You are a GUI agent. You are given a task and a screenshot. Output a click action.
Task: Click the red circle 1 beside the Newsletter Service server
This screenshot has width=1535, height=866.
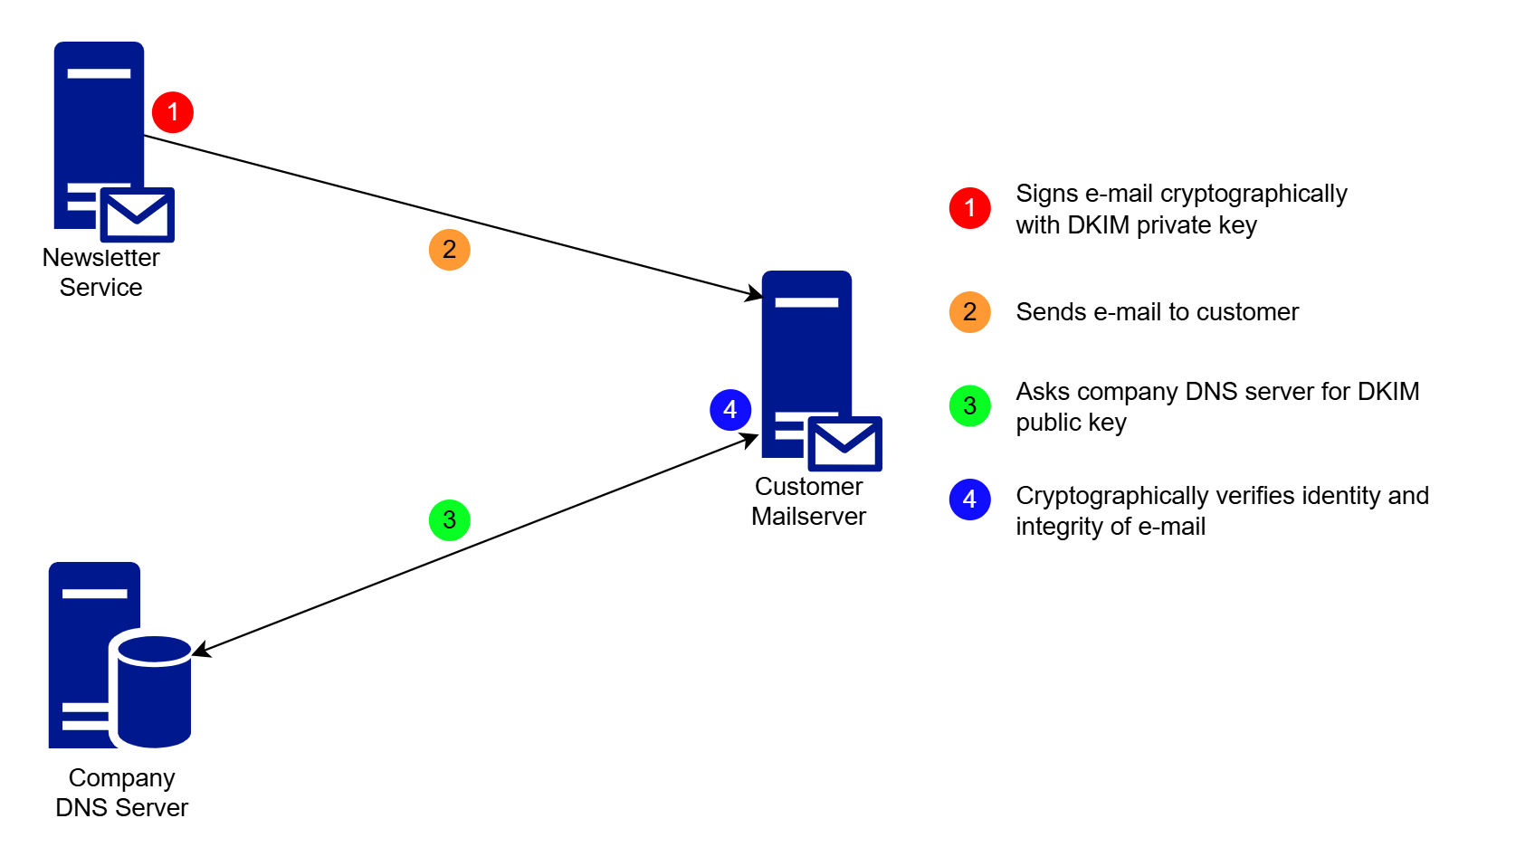(x=173, y=112)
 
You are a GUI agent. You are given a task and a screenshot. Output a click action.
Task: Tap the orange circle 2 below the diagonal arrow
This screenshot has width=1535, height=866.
(x=449, y=250)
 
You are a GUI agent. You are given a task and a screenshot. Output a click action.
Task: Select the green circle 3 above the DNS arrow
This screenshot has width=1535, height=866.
(x=449, y=520)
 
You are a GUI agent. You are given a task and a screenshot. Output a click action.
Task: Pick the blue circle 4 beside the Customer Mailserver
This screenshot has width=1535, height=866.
(x=730, y=410)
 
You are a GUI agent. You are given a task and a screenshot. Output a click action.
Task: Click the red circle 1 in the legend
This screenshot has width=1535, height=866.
(x=969, y=208)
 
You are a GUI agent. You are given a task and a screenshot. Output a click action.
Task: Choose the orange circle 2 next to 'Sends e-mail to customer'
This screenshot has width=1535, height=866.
(x=969, y=312)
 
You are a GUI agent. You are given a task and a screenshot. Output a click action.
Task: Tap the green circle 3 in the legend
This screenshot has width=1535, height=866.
(x=969, y=406)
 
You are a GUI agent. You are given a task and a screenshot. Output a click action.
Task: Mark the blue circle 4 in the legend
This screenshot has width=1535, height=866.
(x=969, y=500)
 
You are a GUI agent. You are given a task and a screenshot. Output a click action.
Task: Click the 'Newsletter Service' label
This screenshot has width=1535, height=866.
(x=100, y=272)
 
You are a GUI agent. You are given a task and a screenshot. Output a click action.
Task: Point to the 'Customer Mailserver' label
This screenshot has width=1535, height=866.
(x=808, y=501)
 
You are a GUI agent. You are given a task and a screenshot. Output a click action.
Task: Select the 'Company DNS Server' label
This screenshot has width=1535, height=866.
(x=121, y=793)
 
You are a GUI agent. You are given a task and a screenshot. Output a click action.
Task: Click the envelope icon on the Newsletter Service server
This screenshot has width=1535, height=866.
(x=137, y=215)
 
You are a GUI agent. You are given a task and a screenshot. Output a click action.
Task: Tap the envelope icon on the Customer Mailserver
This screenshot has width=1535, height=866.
(x=844, y=443)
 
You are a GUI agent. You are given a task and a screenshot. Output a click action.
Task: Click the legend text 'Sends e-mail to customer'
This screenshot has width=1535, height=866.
(x=1157, y=312)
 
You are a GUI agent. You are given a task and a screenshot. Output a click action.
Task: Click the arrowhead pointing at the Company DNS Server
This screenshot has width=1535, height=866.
(x=201, y=651)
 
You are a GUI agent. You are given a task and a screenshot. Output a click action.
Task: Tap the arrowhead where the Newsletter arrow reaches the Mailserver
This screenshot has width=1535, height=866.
(x=753, y=294)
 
